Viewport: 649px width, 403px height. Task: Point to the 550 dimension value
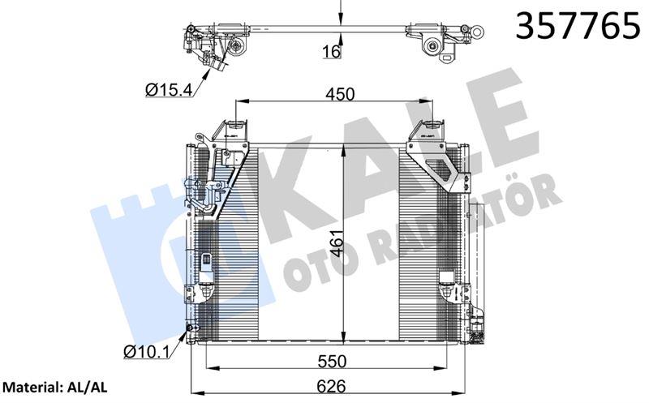pyautogui.click(x=333, y=360)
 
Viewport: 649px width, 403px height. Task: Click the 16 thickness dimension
pyautogui.click(x=330, y=53)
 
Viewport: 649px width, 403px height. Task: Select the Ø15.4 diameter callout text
pyautogui.click(x=169, y=90)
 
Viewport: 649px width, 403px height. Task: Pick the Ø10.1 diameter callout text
pyautogui.click(x=145, y=352)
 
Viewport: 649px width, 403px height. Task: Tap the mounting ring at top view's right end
pyautogui.click(x=478, y=32)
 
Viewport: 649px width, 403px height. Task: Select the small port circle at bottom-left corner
pyautogui.click(x=191, y=328)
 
